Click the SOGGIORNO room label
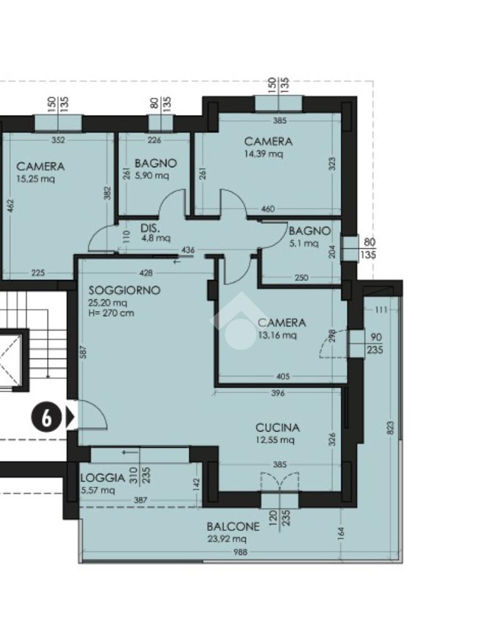[x=125, y=290]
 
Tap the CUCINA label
[x=277, y=428]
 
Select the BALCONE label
[x=233, y=526]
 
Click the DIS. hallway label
[x=150, y=228]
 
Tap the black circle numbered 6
[x=46, y=418]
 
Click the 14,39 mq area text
[x=264, y=154]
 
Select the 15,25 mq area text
[x=35, y=178]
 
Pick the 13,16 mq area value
[x=277, y=336]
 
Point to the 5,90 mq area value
[x=152, y=175]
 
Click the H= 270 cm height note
[x=111, y=314]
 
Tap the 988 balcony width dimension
[x=240, y=552]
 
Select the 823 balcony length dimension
[x=390, y=428]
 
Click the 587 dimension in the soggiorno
[x=85, y=352]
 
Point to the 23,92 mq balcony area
[x=227, y=539]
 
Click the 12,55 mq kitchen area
[x=275, y=440]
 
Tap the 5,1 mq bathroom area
[x=304, y=244]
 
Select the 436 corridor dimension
[x=188, y=250]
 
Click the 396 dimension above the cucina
[x=277, y=393]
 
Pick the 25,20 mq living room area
[x=108, y=303]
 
